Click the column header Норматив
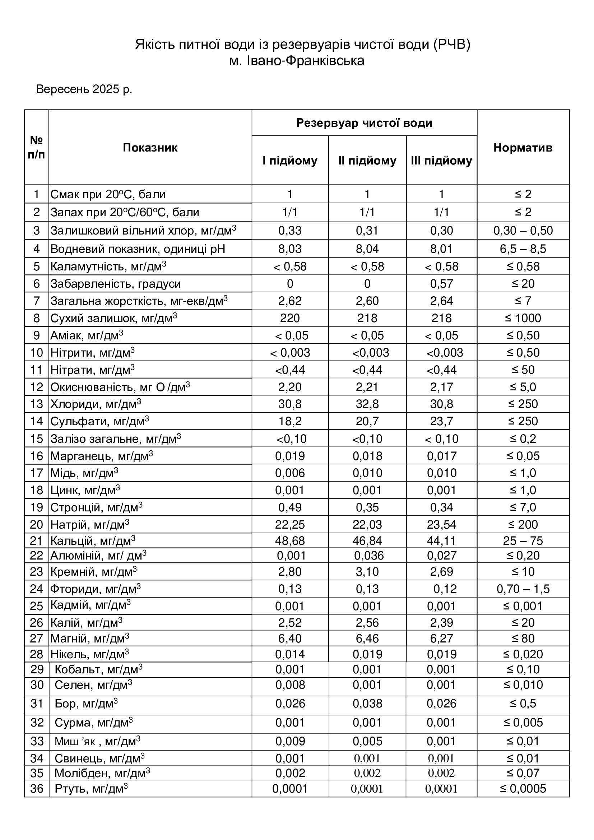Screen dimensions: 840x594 click(523, 148)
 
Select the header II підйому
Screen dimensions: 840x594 click(367, 161)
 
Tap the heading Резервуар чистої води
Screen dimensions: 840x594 click(364, 123)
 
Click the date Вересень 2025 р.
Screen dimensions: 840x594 click(84, 89)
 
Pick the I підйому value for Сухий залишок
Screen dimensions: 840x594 click(290, 318)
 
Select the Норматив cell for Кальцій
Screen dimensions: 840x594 click(523, 541)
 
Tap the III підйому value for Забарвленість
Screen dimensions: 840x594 click(441, 284)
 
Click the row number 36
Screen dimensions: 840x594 click(37, 789)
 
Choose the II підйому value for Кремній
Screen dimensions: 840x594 click(367, 572)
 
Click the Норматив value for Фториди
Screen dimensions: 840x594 click(523, 589)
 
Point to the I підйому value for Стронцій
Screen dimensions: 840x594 click(290, 507)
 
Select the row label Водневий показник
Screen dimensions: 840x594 click(138, 249)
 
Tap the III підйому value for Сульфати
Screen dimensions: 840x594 click(441, 422)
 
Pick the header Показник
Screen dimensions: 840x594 click(150, 148)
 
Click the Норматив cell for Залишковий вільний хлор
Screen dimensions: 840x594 click(523, 231)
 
